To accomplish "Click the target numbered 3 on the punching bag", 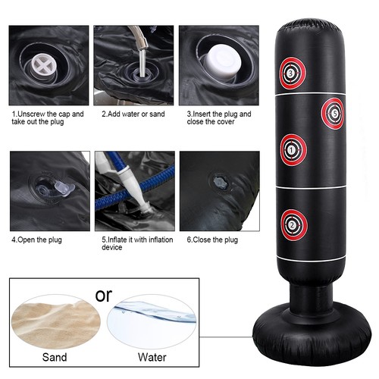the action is (293, 74).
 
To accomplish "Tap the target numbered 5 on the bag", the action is (333, 114).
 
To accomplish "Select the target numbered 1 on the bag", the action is (293, 150).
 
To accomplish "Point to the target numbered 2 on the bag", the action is (294, 225).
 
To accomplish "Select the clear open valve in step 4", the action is (55, 189).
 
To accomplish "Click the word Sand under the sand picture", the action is (55, 357).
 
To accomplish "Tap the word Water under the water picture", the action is (152, 357).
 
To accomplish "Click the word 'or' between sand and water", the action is (104, 295).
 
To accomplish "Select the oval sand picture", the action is (56, 321).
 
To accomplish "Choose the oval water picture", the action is (152, 321).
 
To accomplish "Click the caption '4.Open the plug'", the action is (36, 240).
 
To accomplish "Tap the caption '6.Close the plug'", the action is (212, 240).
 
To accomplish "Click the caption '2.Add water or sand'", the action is (133, 114).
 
